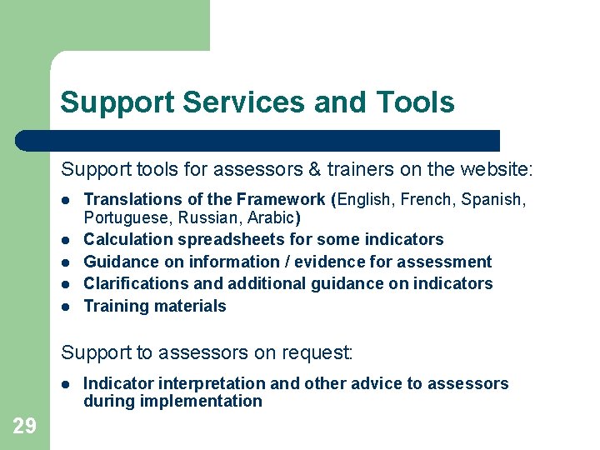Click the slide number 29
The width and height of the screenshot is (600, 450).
point(24,427)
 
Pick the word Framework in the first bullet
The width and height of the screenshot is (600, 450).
point(282,199)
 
